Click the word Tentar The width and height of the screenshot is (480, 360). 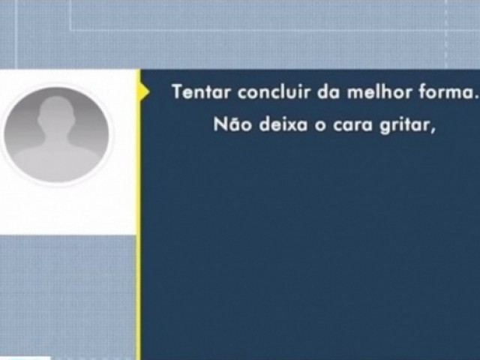pyautogui.click(x=201, y=91)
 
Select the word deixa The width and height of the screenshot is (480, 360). pyautogui.click(x=283, y=124)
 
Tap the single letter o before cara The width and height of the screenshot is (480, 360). pyautogui.click(x=320, y=126)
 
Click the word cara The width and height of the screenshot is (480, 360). pyautogui.click(x=352, y=126)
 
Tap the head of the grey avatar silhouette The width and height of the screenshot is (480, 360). pyautogui.click(x=56, y=112)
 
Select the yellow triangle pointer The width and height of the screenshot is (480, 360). pyautogui.click(x=145, y=91)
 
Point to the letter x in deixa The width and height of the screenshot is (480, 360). pyautogui.click(x=292, y=127)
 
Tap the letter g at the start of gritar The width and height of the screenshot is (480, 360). pyautogui.click(x=385, y=127)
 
